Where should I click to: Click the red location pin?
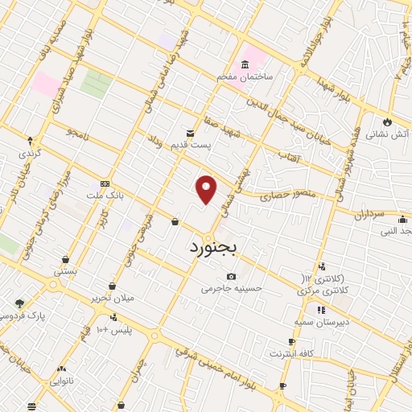pyautogui.click(x=207, y=189)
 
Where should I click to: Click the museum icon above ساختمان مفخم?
pyautogui.click(x=244, y=64)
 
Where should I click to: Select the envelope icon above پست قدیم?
pyautogui.click(x=191, y=132)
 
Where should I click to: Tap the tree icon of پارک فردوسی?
pyautogui.click(x=19, y=303)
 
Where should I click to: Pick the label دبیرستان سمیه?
pyautogui.click(x=320, y=321)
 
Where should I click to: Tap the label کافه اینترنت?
pyautogui.click(x=291, y=353)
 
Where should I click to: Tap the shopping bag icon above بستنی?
pyautogui.click(x=65, y=260)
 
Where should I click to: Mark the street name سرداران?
pyautogui.click(x=371, y=216)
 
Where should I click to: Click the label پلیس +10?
pyautogui.click(x=113, y=331)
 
